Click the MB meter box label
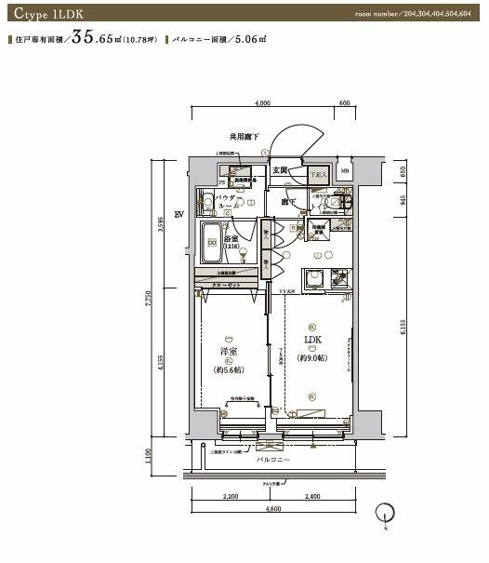(345, 172)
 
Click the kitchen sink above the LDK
(315, 276)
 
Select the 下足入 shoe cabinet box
(317, 174)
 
